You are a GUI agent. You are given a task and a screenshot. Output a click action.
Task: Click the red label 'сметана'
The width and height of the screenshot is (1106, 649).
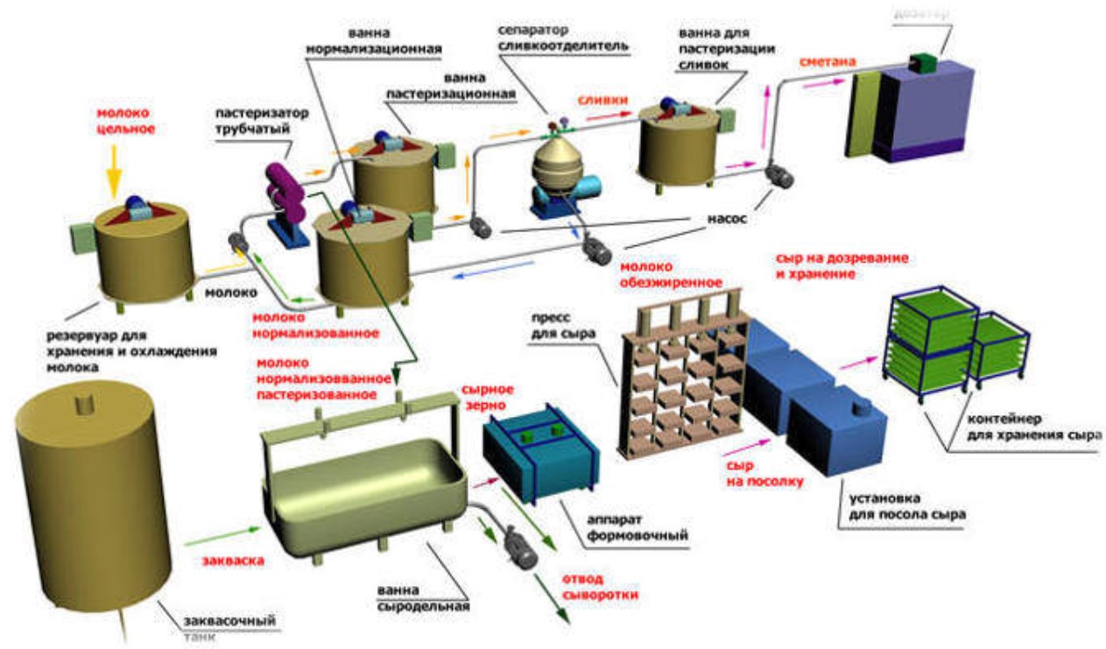pos(828,62)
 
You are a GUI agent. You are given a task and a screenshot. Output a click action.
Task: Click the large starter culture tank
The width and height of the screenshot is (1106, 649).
pos(92,499)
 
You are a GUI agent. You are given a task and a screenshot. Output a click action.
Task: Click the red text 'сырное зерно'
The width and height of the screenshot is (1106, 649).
pos(487,396)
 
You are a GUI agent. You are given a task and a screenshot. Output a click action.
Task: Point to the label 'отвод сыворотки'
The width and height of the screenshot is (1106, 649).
pos(600,586)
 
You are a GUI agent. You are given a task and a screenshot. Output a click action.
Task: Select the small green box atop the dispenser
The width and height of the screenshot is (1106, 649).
pos(923,62)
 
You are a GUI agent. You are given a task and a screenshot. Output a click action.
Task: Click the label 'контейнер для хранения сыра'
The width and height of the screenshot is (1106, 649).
pos(1029,427)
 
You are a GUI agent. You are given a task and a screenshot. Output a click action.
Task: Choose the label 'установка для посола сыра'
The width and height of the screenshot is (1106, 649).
pos(906,507)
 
